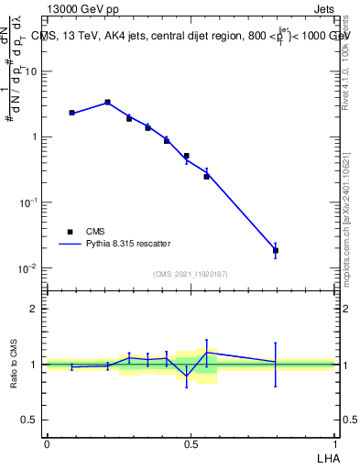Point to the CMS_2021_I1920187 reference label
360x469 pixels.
point(190,273)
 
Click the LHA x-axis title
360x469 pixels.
point(325,456)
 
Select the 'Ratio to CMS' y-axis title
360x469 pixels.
point(15,364)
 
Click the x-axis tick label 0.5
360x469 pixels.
point(191,443)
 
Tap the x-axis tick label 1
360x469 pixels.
point(334,443)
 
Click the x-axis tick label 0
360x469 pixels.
point(47,443)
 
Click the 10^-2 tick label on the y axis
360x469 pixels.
point(28,268)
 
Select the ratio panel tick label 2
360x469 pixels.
point(33,309)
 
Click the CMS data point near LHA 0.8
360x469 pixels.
point(275,250)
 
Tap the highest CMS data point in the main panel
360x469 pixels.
point(107,103)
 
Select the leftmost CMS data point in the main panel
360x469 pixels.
point(71,113)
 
